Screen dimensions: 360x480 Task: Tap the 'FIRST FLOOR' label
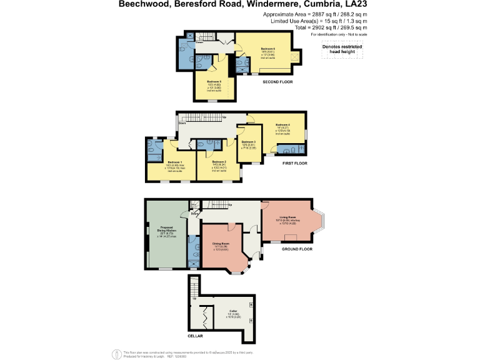pos(297,164)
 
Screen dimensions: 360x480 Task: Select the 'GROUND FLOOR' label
pos(296,248)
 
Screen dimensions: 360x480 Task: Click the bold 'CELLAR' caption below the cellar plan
pos(196,336)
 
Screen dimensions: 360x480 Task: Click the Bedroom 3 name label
pos(249,142)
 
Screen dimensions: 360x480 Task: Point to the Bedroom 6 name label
pos(267,49)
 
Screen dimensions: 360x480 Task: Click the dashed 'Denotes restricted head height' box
pos(338,49)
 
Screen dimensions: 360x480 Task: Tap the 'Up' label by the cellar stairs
pos(194,299)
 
